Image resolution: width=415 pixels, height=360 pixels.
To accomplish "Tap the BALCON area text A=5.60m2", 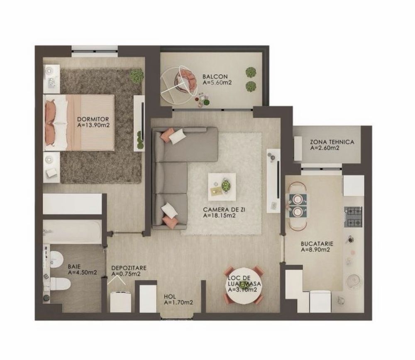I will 217,83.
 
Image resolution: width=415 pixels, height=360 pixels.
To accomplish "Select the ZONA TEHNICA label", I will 332,142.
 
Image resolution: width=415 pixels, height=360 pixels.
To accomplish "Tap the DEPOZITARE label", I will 129,268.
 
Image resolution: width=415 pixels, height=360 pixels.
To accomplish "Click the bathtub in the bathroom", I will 73,232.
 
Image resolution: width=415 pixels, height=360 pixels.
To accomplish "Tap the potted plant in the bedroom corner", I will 136,76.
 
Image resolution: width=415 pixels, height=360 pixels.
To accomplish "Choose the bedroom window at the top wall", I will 95,51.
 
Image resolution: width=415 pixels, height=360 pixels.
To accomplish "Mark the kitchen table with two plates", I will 297,206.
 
